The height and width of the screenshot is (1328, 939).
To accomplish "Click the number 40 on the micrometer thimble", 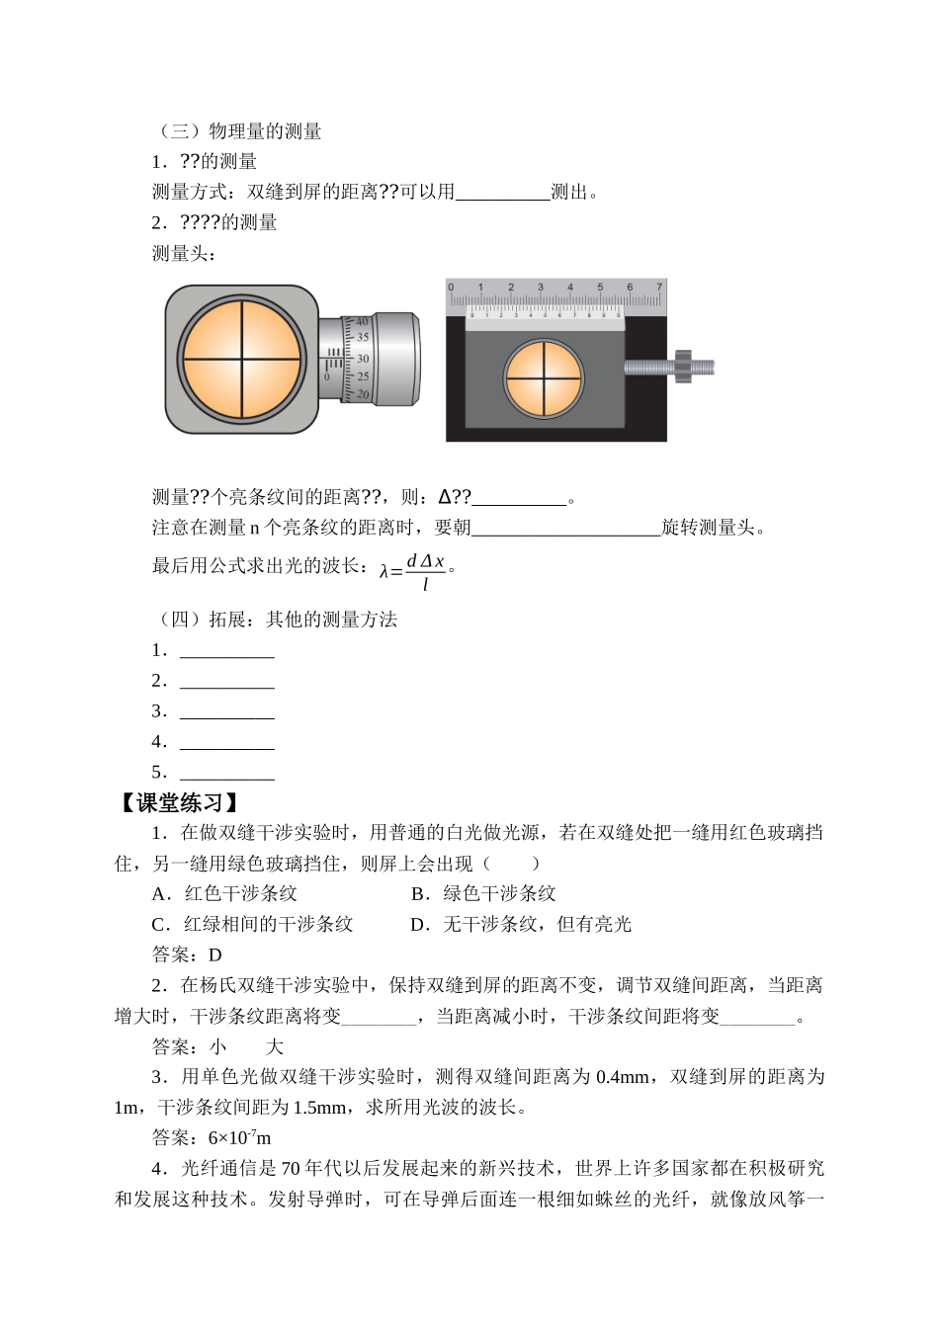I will coord(362,321).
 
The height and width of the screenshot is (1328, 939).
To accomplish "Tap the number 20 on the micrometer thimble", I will coord(363,394).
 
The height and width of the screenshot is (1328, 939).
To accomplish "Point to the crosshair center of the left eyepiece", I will coord(242,359).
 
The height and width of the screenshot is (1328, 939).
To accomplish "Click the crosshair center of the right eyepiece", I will coord(544,377).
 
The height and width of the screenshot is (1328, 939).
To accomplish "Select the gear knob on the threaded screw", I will coord(682,367).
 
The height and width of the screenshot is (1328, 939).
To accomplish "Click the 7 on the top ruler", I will coord(659,288).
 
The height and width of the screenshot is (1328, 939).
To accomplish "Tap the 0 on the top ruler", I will coord(451,288).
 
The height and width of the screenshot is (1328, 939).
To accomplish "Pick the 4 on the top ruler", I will coord(569,288).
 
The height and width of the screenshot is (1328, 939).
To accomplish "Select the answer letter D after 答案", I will coord(214,954).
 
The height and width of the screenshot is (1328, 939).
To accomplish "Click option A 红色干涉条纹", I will coord(225,893).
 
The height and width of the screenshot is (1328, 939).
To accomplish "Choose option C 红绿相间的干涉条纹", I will coord(253,924).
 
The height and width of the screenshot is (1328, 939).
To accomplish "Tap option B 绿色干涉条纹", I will coord(483,893).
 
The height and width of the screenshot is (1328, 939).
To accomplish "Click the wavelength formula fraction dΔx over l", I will coord(425,571).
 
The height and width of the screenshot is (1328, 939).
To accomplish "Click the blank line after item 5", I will coord(227,774).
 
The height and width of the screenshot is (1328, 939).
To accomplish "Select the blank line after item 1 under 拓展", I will coord(227,651).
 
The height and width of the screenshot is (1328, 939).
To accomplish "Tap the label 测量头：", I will coord(185,253).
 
